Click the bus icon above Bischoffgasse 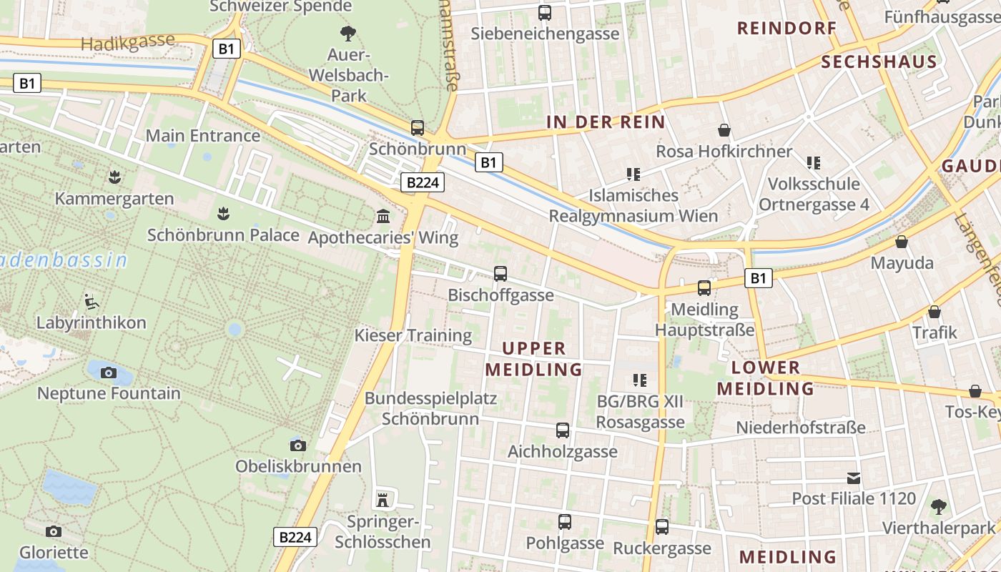pyautogui.click(x=500, y=273)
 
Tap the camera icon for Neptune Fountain pyautogui.click(x=109, y=373)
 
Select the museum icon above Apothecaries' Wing pyautogui.click(x=383, y=216)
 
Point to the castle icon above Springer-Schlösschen pyautogui.click(x=383, y=499)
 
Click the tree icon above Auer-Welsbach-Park pyautogui.click(x=348, y=32)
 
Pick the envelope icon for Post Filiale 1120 pyautogui.click(x=854, y=478)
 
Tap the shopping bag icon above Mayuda pyautogui.click(x=902, y=242)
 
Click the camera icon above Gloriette pyautogui.click(x=53, y=531)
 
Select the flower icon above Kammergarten pyautogui.click(x=114, y=176)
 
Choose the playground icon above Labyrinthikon pyautogui.click(x=91, y=301)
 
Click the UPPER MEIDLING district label pyautogui.click(x=534, y=359)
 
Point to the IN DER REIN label pyautogui.click(x=606, y=122)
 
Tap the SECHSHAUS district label pyautogui.click(x=879, y=61)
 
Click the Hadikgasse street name pyautogui.click(x=128, y=42)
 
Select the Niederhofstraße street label pyautogui.click(x=801, y=428)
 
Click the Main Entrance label pyautogui.click(x=203, y=135)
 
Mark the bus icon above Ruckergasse pyautogui.click(x=662, y=527)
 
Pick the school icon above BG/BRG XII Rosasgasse pyautogui.click(x=639, y=380)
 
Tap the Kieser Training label pyautogui.click(x=413, y=335)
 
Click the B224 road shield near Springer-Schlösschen pyautogui.click(x=295, y=537)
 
